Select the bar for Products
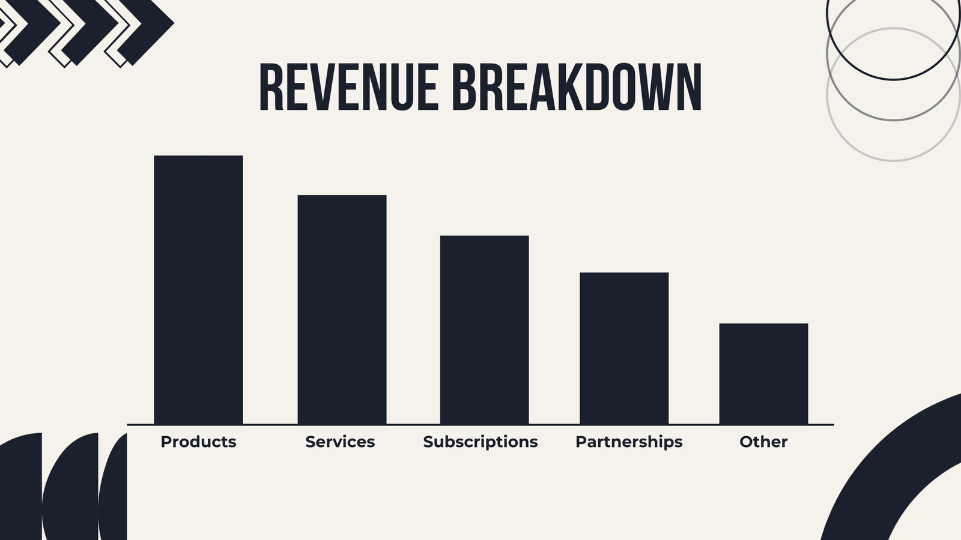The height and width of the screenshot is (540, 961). [x=198, y=290]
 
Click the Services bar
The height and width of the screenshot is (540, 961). [x=342, y=310]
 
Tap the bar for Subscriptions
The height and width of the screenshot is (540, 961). [x=484, y=329]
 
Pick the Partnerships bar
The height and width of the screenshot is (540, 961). [x=624, y=348]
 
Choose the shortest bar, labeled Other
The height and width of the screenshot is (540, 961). [x=763, y=374]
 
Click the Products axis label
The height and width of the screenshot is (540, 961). [x=198, y=442]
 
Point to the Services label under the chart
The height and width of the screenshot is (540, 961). [x=340, y=442]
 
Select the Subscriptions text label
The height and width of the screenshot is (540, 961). [x=480, y=442]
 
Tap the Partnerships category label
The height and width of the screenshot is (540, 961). [x=629, y=442]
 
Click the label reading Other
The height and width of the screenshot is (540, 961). [x=763, y=442]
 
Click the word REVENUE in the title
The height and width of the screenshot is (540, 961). [x=349, y=87]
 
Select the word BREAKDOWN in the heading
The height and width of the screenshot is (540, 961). [x=577, y=87]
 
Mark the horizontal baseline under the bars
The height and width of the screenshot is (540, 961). [x=480, y=425]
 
